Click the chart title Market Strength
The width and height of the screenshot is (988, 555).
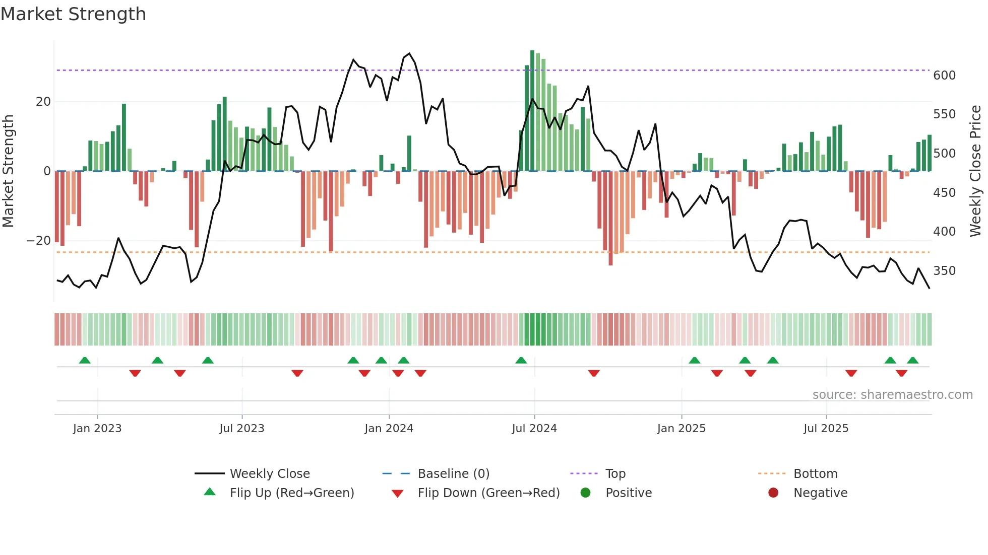tap(73, 14)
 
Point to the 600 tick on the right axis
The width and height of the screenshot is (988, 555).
tap(944, 76)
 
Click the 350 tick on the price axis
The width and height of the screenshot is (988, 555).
tap(944, 271)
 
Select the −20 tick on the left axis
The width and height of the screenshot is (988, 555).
tap(39, 241)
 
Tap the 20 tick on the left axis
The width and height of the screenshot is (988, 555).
tap(43, 102)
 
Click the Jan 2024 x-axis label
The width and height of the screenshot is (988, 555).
tap(389, 429)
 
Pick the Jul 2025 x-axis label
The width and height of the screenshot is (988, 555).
tap(826, 429)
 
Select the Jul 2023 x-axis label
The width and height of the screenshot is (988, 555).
tap(241, 429)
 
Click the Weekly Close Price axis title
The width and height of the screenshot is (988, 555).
tap(975, 171)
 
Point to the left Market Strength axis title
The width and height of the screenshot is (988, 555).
tap(9, 171)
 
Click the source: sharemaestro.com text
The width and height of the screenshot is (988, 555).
tap(892, 395)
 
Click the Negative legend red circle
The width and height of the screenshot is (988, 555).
tap(773, 493)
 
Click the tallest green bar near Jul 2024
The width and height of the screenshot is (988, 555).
tap(532, 111)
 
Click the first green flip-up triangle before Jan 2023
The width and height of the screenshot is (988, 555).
tap(85, 360)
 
